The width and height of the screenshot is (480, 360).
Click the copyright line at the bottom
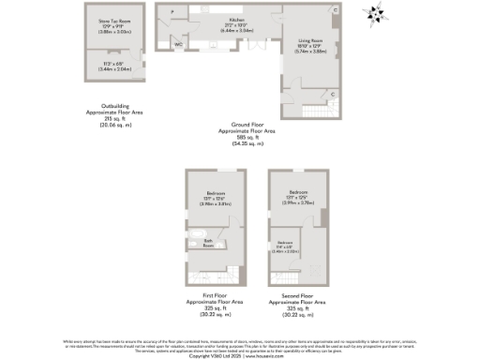240,355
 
